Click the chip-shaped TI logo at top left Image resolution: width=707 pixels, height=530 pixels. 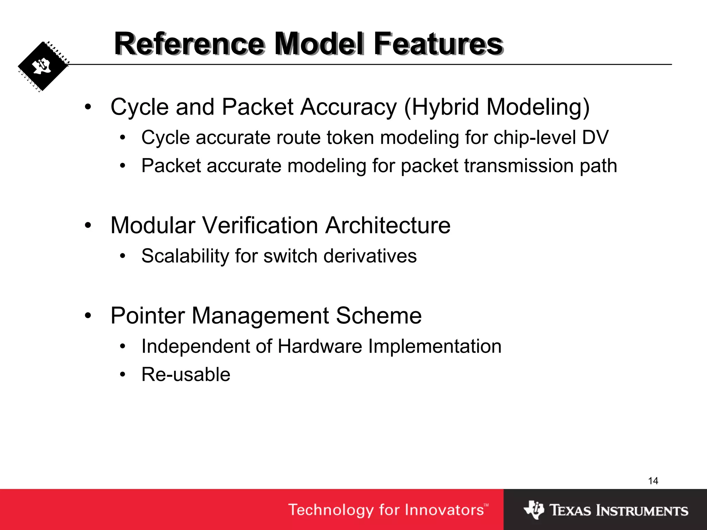click(x=43, y=66)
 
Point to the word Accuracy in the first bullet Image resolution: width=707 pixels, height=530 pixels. click(x=349, y=107)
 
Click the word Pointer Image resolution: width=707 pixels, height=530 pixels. click(x=148, y=316)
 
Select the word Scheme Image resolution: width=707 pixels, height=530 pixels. click(x=379, y=316)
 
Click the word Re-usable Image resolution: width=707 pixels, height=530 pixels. click(x=186, y=375)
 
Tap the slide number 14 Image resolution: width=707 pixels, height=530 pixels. click(x=653, y=481)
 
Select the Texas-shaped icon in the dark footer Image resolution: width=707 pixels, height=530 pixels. click(x=534, y=510)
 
